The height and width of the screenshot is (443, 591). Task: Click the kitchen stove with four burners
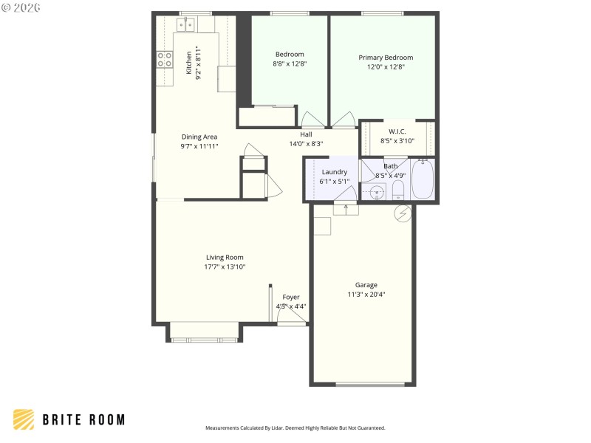164,60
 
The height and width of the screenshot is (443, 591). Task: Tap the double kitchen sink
185,26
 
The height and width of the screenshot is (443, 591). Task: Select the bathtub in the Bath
423,179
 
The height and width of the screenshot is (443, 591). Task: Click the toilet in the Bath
398,191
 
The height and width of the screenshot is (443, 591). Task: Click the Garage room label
366,285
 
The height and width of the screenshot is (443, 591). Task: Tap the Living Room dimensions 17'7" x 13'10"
225,267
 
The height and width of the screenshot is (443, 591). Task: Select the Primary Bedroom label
386,58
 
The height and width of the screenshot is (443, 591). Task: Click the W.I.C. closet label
397,131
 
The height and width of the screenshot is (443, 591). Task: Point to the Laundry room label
334,172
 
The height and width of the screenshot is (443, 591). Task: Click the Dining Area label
199,137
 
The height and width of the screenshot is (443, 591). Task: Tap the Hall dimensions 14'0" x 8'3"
306,144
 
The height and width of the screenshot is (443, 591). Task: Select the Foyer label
291,297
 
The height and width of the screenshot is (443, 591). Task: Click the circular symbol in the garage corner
402,214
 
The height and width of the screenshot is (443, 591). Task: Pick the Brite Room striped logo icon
24,419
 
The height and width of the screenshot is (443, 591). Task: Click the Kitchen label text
189,62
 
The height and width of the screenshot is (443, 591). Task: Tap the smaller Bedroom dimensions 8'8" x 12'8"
290,64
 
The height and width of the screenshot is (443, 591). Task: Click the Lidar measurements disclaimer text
295,427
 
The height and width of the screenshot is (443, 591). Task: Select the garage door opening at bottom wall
370,384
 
